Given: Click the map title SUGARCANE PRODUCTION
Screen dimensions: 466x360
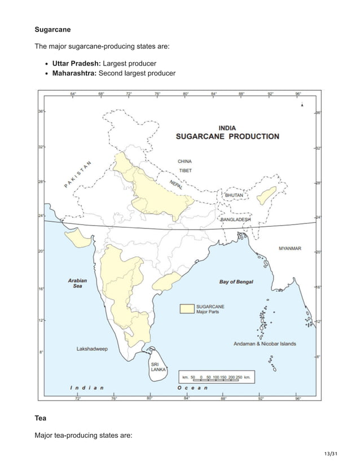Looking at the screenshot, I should click(227, 136).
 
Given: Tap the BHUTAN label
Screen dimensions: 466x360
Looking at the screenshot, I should click(235, 195).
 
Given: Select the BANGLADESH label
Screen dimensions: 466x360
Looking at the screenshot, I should click(236, 219).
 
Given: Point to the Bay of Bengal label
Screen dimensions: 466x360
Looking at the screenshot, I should click(236, 282).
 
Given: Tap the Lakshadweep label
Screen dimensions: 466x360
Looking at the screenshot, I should click(93, 349).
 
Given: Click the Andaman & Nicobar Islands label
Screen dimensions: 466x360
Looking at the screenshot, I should click(265, 343).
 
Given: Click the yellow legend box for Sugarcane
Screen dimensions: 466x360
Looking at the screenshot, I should click(186, 308).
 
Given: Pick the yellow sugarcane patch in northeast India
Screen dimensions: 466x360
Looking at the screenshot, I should click(263, 197).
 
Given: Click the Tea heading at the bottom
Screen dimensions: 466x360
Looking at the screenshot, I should click(41, 420).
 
